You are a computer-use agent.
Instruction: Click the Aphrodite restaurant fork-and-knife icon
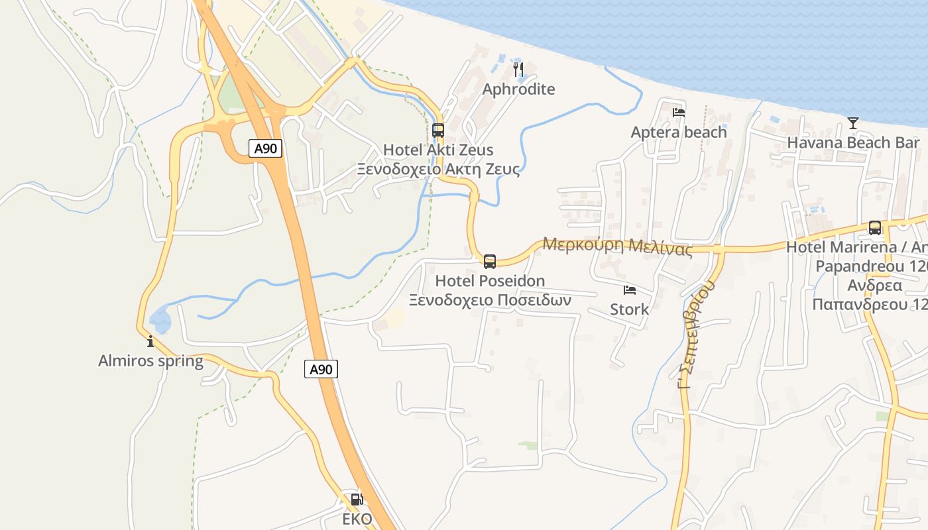pos(518,68)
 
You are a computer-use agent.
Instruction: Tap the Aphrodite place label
pos(518,89)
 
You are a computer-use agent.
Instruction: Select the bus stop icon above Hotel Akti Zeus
pos(437,130)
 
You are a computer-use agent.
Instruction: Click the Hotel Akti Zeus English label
pos(438,150)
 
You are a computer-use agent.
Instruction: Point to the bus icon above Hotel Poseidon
pos(490,261)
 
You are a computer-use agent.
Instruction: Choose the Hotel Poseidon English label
pos(490,282)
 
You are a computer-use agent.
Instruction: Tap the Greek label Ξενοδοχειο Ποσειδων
pos(490,299)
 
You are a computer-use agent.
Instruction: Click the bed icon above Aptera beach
pos(679,113)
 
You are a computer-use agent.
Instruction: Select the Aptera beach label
pos(679,132)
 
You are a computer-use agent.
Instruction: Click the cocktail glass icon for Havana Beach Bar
pos(852,123)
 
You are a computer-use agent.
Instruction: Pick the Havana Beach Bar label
pos(853,142)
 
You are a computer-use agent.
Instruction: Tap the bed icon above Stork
pos(629,290)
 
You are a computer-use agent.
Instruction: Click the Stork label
pos(629,309)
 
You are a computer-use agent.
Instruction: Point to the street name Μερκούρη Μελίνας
pos(617,246)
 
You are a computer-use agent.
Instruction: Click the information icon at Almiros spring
pos(150,341)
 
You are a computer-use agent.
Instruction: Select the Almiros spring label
pos(150,361)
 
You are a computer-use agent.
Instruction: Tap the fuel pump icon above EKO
pos(357,500)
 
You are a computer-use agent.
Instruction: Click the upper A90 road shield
pos(266,148)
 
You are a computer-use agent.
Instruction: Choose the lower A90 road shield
pos(321,369)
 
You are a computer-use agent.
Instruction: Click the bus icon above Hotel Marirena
pos(875,228)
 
